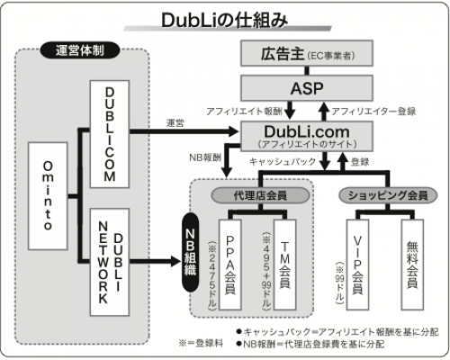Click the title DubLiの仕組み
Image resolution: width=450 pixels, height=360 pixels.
225,18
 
